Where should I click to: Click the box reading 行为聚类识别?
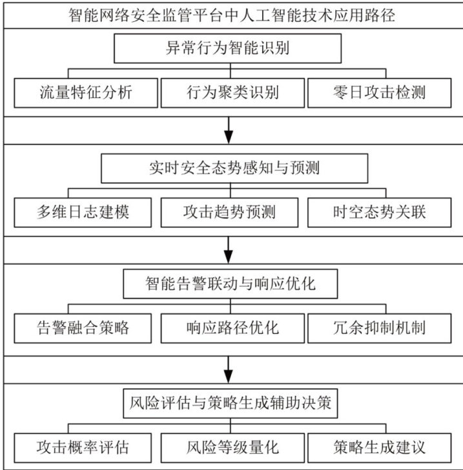[229, 92]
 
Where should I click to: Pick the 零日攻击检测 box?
[376, 92]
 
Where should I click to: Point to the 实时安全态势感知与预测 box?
[234, 169]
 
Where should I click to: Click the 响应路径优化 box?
[229, 328]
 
